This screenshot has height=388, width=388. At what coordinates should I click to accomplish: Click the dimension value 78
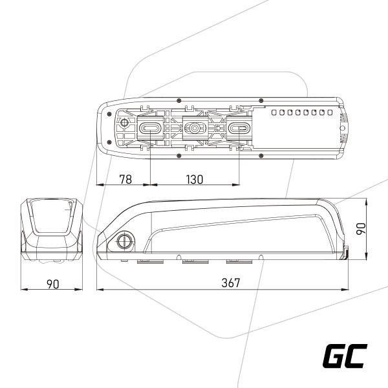tap(125, 179)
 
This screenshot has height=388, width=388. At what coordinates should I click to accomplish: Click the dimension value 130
tap(195, 179)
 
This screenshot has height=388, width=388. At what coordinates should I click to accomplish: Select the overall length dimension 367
tap(231, 283)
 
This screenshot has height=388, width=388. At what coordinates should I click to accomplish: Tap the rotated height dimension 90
tap(361, 228)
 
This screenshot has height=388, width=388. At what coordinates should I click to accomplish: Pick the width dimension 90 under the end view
tap(53, 284)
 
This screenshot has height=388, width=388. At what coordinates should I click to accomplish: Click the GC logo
tap(345, 356)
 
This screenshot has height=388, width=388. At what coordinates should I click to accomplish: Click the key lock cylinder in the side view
tap(124, 241)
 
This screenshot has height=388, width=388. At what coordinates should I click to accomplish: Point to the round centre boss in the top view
tap(195, 128)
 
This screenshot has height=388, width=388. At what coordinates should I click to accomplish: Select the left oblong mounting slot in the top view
tap(150, 128)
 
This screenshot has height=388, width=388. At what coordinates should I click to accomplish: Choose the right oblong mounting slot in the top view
tap(239, 128)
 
